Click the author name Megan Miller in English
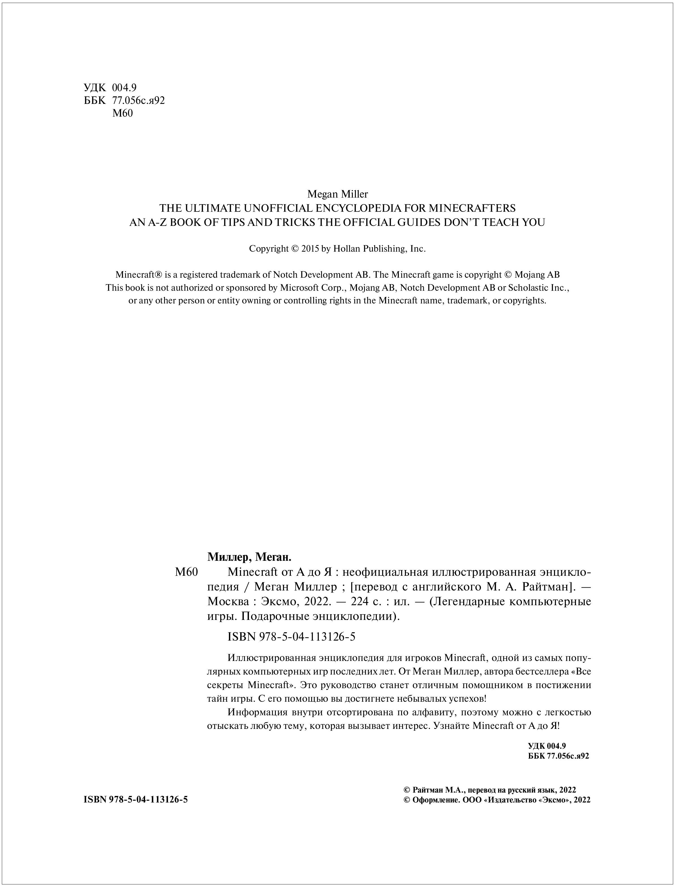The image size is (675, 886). coord(337,194)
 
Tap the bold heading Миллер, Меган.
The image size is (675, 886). coord(249,557)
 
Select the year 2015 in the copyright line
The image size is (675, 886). coord(310,249)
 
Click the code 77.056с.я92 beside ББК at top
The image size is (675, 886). coord(139,100)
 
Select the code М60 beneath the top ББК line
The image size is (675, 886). coord(122,113)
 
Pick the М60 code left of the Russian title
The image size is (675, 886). coord(186,572)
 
